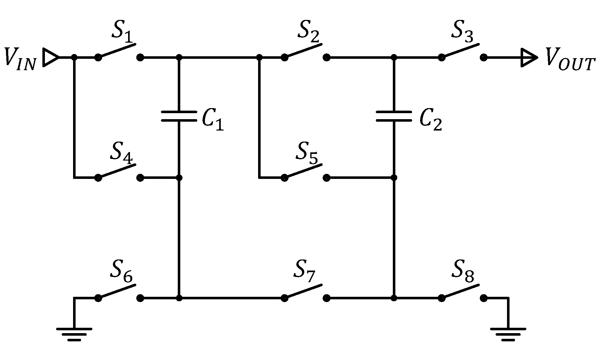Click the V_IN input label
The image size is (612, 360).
tap(20, 59)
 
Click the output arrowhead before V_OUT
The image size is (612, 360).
tap(529, 58)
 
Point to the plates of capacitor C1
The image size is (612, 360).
tap(179, 116)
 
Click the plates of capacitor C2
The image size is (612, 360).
tap(393, 116)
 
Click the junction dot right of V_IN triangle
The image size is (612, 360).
tap(74, 58)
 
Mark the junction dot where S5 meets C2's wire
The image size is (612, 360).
tap(393, 178)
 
